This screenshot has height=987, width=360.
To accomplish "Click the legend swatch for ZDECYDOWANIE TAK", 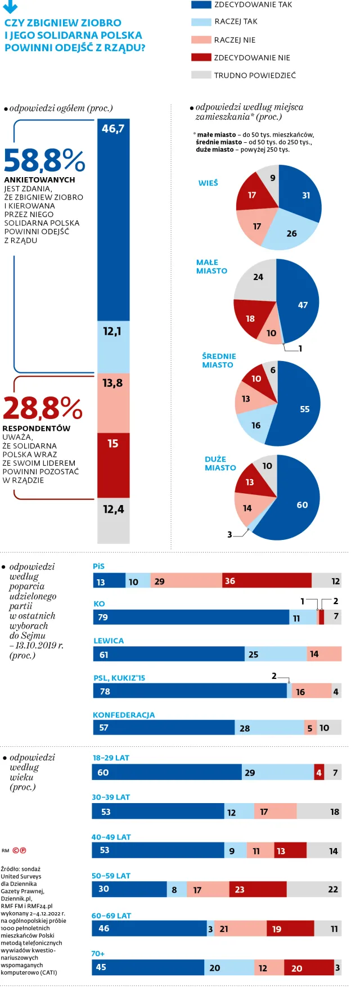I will click(x=201, y=4).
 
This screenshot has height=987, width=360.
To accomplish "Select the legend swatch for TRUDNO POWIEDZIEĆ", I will click(x=201, y=75).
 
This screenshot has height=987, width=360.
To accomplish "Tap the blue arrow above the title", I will click(x=10, y=7).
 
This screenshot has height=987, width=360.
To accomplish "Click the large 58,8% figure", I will click(x=44, y=161).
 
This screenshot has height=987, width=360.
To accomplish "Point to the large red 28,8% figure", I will click(x=43, y=408).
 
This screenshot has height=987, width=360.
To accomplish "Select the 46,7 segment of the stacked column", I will click(x=113, y=219).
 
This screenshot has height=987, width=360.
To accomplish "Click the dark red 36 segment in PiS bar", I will click(x=267, y=581).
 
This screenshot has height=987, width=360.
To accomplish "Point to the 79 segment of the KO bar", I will click(x=191, y=618).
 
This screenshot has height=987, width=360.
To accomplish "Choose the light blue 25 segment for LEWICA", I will click(x=276, y=654).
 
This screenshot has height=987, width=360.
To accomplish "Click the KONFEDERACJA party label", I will click(x=124, y=715).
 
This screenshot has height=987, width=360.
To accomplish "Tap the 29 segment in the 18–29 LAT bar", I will click(x=277, y=773).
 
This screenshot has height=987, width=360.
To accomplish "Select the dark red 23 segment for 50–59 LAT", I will click(x=258, y=889).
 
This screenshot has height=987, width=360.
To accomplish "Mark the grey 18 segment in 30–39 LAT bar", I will click(x=319, y=812).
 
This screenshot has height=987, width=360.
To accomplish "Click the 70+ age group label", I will click(x=98, y=953).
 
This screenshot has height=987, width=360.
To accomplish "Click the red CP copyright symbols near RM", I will click(x=19, y=850).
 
